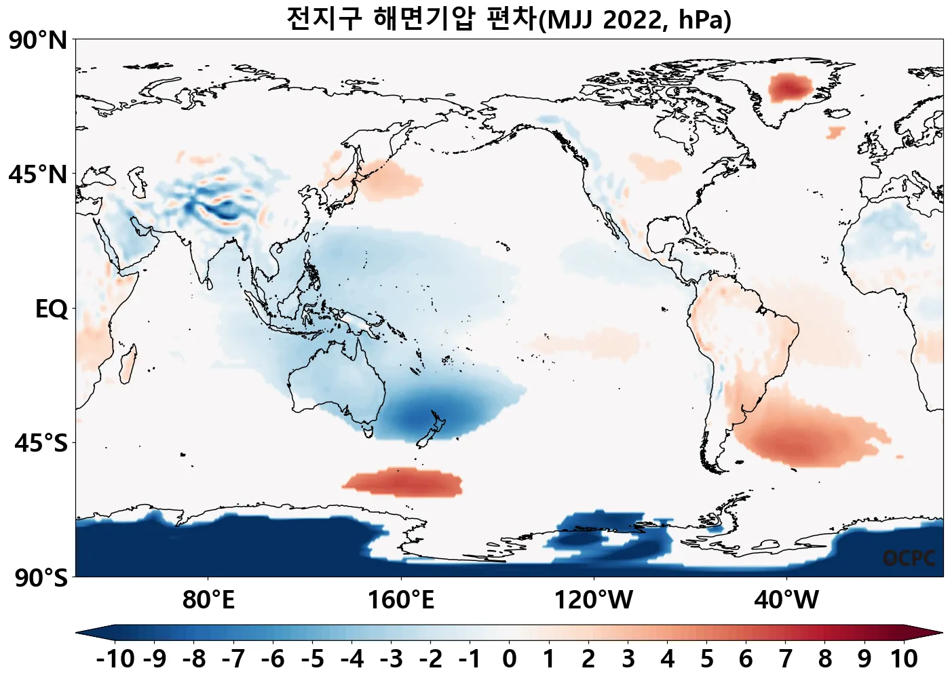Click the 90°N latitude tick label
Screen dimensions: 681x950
coord(38,41)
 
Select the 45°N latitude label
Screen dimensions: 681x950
coord(38,174)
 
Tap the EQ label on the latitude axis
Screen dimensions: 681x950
coord(52,309)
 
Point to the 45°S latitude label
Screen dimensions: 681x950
coord(41,444)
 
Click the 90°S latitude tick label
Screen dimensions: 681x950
coord(41,578)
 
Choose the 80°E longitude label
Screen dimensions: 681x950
coord(208,600)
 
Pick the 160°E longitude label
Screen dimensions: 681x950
coord(400,600)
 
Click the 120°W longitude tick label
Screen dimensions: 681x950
coord(594,600)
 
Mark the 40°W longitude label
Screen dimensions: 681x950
coord(786,600)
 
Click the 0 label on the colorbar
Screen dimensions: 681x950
coord(510,659)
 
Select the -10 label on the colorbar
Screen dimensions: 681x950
coord(115,659)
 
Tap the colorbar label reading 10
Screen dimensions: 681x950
coord(903,659)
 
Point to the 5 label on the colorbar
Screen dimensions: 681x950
coord(707,659)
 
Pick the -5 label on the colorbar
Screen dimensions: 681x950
coord(312,659)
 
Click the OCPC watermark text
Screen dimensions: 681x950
coord(909,558)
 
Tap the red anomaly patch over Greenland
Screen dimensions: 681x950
coord(789,87)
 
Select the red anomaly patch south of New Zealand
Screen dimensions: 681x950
coord(403,482)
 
